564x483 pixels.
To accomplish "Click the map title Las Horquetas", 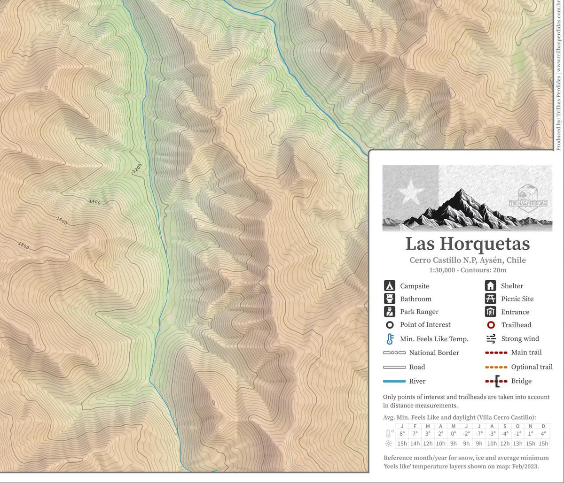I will click(467, 244).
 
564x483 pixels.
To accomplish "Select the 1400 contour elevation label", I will click(94, 202).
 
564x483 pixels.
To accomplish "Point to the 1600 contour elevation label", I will click(62, 219).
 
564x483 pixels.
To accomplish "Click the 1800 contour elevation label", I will click(23, 245).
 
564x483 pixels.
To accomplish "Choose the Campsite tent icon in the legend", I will click(389, 285).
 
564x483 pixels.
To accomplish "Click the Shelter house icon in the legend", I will click(490, 285).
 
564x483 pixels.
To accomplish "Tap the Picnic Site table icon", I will click(490, 299).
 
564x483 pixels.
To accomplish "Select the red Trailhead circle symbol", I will click(490, 325).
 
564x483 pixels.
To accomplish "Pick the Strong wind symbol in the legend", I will click(491, 339).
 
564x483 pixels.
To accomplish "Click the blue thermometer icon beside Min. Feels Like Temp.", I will click(389, 339).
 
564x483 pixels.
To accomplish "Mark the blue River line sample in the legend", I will click(394, 381).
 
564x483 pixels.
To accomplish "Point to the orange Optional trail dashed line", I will click(496, 367).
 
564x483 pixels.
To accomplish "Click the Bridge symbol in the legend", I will click(496, 381).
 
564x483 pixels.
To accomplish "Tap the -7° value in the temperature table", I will click(479, 434).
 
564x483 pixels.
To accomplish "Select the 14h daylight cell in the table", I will click(415, 444).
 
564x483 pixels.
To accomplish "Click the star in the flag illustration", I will click(410, 191).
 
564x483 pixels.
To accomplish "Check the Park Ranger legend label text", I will click(419, 312).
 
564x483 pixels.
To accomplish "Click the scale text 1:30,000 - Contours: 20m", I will click(467, 270).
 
